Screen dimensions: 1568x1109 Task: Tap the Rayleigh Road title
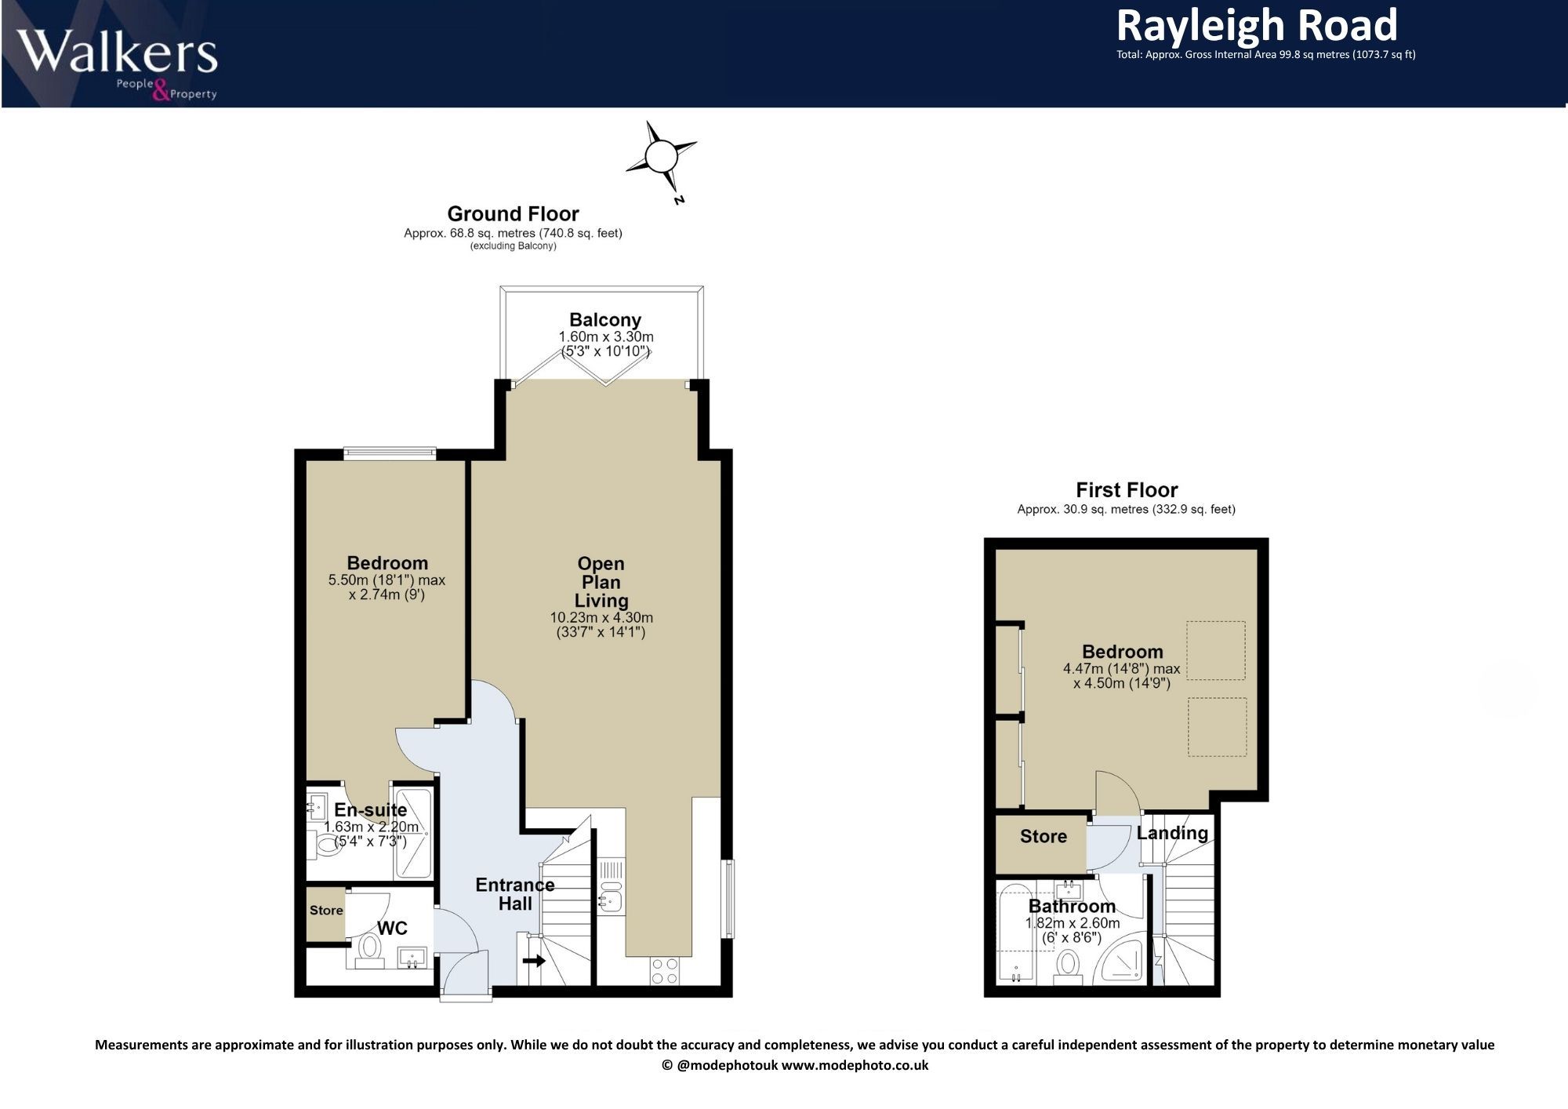(1257, 25)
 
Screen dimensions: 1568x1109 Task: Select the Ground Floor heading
(513, 214)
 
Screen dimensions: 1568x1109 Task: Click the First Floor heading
(1127, 490)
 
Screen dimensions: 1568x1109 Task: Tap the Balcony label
(605, 320)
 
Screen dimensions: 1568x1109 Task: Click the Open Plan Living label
(601, 582)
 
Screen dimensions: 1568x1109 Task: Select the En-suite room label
(370, 810)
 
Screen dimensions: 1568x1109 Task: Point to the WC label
(392, 929)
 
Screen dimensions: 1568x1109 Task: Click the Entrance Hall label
(515, 894)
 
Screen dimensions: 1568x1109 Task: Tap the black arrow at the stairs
(535, 960)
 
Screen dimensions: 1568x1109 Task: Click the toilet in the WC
(368, 947)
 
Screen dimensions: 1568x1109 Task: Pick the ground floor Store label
(326, 911)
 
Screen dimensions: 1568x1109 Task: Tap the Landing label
(1172, 834)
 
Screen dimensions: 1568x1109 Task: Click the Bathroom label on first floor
(1072, 907)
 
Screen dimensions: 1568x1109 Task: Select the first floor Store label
(1044, 837)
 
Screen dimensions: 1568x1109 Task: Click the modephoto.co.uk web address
(855, 1065)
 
